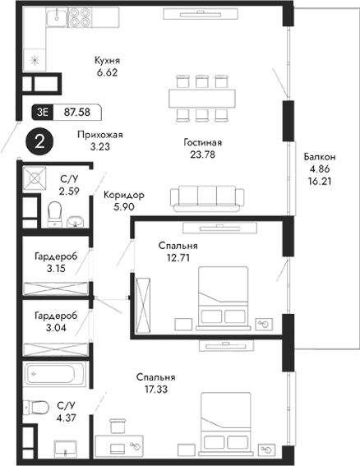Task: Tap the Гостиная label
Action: click(203, 142)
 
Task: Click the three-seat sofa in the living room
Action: click(203, 198)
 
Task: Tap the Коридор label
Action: click(124, 196)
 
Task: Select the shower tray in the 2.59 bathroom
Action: click(35, 178)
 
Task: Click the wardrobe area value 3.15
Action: click(56, 268)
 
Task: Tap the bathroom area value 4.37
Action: click(67, 417)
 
